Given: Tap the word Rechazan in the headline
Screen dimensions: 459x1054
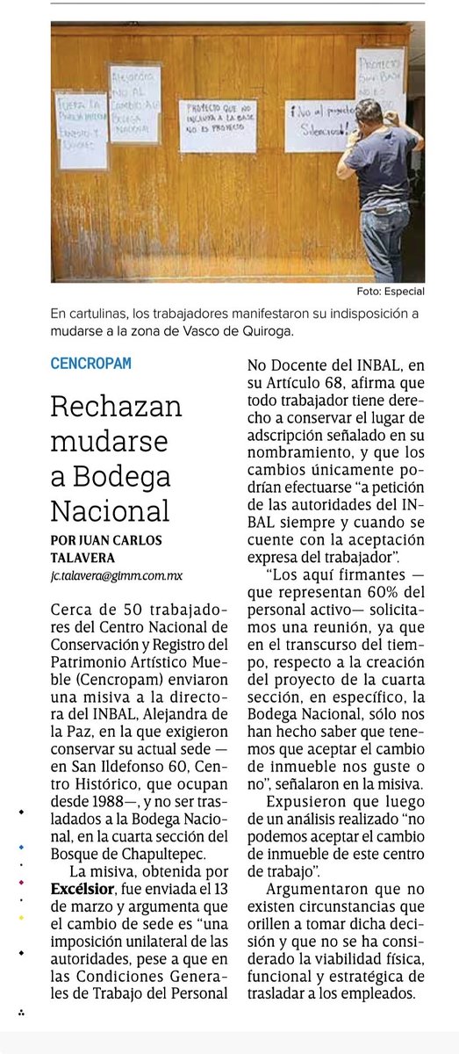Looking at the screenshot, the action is [x=116, y=406].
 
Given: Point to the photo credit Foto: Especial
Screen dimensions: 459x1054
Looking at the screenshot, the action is [x=391, y=292].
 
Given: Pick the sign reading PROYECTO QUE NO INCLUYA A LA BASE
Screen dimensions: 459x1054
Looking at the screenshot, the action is [x=218, y=114].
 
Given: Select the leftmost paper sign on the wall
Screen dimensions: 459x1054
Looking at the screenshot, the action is [x=82, y=129].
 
